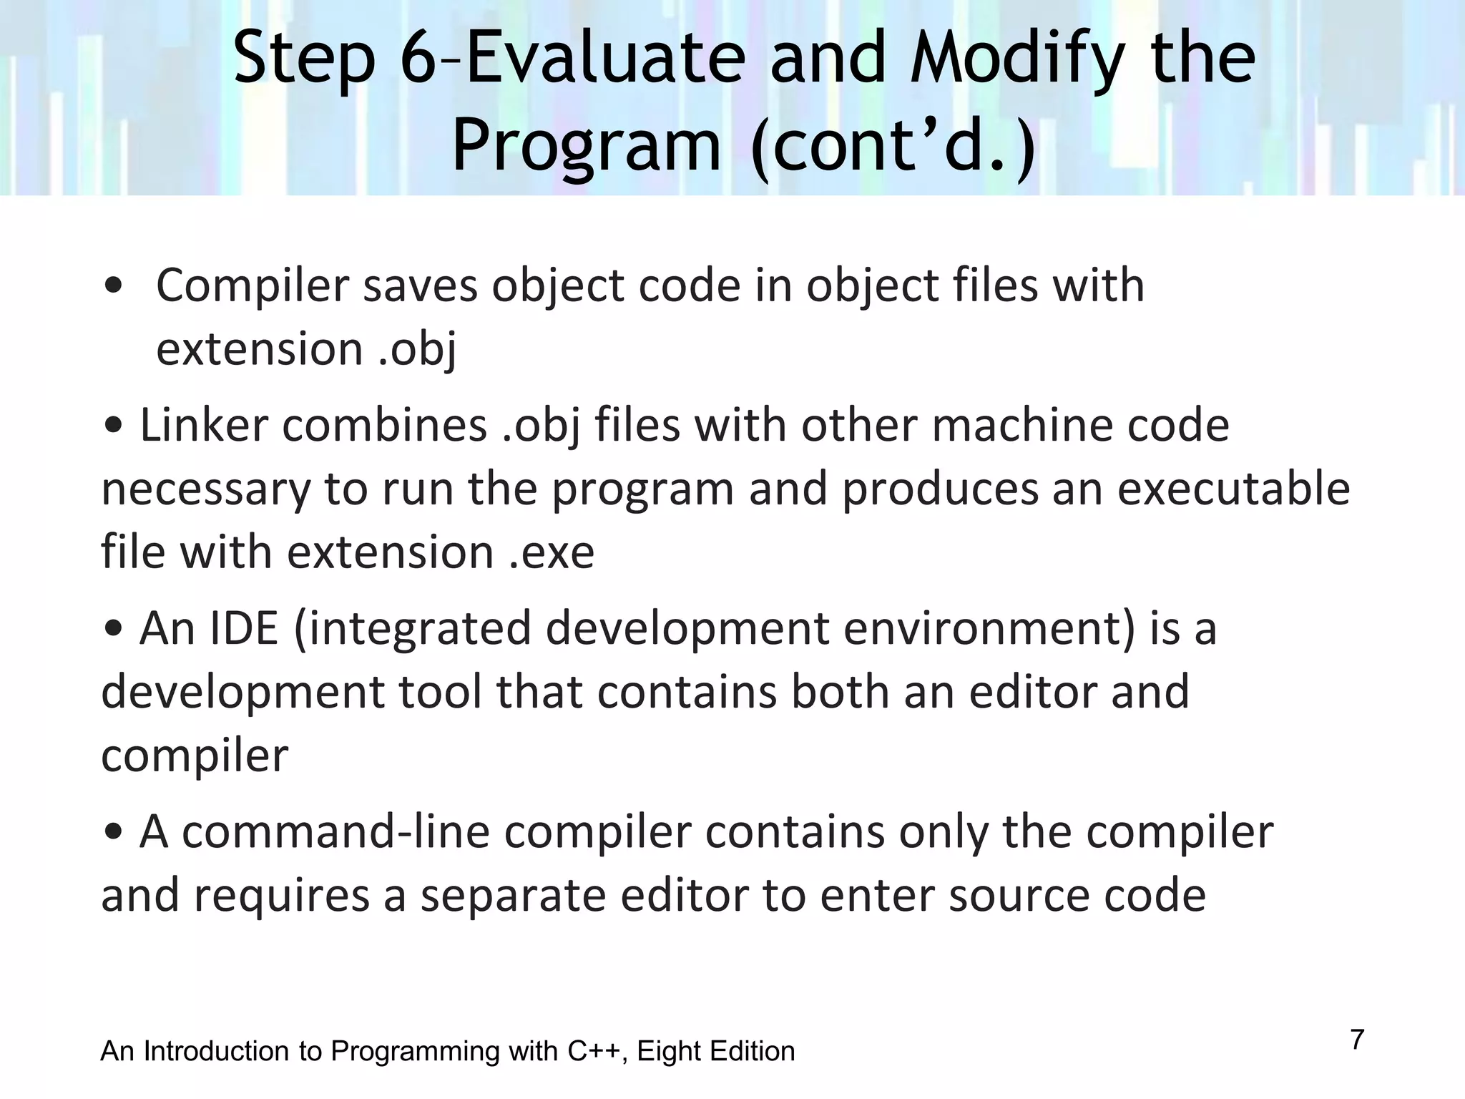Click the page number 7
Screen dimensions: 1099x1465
(1357, 1040)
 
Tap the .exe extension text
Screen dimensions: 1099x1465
(552, 552)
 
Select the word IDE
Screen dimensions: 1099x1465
(243, 629)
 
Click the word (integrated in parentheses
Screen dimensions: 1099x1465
(411, 629)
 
